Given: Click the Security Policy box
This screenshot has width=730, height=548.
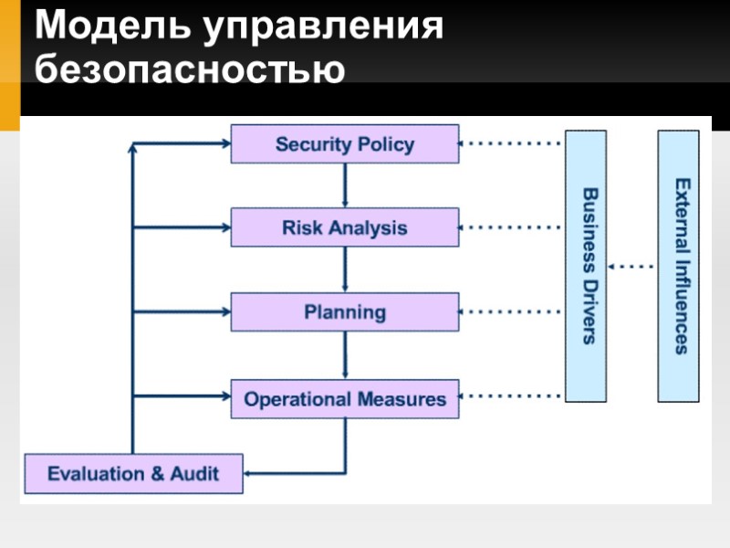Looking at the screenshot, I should tap(344, 144).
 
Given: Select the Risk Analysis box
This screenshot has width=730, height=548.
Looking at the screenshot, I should tap(344, 227).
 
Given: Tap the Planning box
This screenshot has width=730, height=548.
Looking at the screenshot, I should tap(344, 312).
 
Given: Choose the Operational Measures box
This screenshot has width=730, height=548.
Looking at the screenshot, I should tap(344, 399).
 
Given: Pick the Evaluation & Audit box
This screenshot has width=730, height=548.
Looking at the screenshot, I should tap(132, 474).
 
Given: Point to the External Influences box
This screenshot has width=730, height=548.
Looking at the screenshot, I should tap(679, 266).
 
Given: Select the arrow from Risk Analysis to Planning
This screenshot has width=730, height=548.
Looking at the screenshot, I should tap(345, 269).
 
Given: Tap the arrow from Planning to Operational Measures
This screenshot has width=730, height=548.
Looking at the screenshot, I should tap(345, 355).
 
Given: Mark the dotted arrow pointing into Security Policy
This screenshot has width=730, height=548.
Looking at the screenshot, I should tap(509, 143).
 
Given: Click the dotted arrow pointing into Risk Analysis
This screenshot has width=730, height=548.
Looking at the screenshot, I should tap(509, 227).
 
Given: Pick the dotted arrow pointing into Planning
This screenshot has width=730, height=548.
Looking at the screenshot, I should tap(509, 311).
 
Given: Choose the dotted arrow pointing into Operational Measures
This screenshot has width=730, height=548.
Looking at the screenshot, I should tap(509, 396).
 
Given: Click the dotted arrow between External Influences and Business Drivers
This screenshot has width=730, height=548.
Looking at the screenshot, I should tap(631, 267).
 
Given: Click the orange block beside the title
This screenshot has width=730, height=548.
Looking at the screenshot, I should tap(9, 64).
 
